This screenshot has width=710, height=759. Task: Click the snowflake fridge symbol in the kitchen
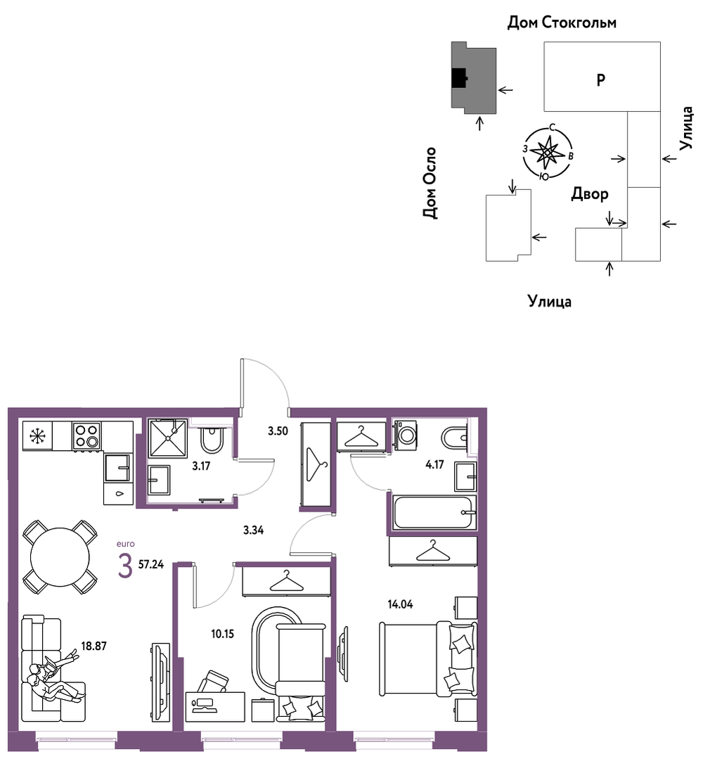point(37,436)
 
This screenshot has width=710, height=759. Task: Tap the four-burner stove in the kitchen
point(87,435)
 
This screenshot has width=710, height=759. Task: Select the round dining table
point(60,557)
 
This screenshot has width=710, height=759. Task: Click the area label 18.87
point(93,646)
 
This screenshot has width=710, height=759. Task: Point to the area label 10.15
point(222,634)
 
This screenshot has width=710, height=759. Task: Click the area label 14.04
point(400,604)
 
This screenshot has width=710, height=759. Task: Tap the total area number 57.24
point(151,564)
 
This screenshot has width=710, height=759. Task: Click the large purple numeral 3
point(125,566)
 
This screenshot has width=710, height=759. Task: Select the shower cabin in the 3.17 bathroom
point(168,438)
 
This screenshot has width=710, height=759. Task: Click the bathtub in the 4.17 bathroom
point(434,512)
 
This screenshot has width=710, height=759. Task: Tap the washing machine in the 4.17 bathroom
point(406,435)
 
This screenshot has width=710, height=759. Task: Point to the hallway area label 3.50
point(278,430)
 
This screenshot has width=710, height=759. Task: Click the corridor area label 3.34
point(254,530)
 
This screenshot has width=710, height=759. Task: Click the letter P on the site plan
point(601,79)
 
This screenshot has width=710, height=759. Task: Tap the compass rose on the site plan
point(548,153)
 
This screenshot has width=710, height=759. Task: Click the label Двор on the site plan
point(590,194)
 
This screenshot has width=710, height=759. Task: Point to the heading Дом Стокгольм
point(562,23)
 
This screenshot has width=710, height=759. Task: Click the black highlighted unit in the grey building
point(459,77)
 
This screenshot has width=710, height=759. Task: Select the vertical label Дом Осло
point(430,183)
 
